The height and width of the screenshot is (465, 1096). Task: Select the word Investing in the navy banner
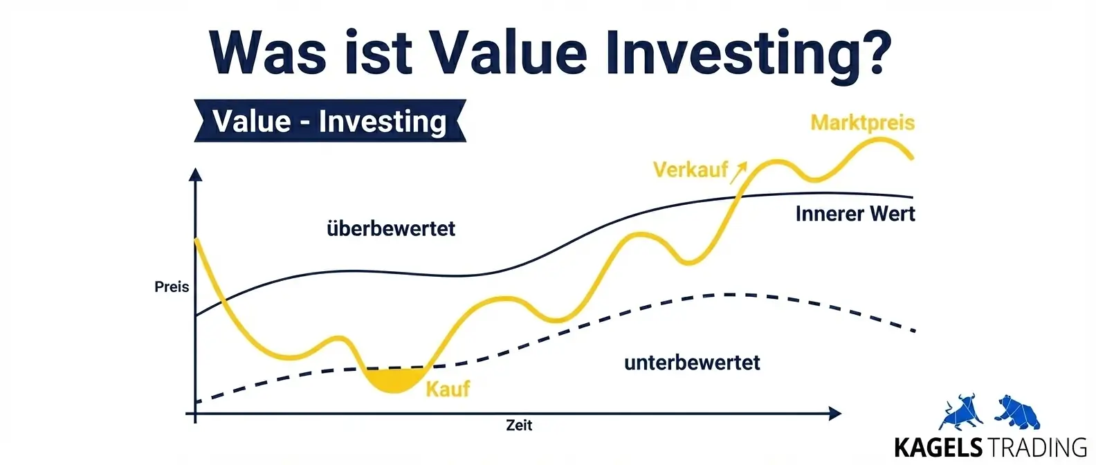pos(383,122)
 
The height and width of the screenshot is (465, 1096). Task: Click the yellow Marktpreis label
pos(863,122)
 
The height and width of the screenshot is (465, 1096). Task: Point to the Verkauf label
pos(691,170)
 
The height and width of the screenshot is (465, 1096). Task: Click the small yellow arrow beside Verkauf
pos(738,173)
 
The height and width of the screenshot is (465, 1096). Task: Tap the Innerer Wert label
pos(855,213)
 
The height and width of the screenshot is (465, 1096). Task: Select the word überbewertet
pos(391,228)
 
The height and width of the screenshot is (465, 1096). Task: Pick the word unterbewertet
pos(693,363)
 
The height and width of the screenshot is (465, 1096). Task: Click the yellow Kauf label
pos(448,389)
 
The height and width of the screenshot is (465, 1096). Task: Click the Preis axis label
pos(172,287)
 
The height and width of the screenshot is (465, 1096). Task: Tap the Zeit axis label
pos(519,425)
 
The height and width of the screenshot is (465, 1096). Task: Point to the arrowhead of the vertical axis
pos(195,174)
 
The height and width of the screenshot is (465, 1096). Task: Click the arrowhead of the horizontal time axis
pos(834,414)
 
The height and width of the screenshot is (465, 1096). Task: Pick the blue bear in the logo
pos(1017,412)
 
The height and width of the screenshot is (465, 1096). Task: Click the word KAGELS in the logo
pos(938,448)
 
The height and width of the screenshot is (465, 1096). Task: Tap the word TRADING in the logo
pos(1036,448)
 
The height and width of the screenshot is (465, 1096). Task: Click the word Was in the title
pos(268,52)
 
